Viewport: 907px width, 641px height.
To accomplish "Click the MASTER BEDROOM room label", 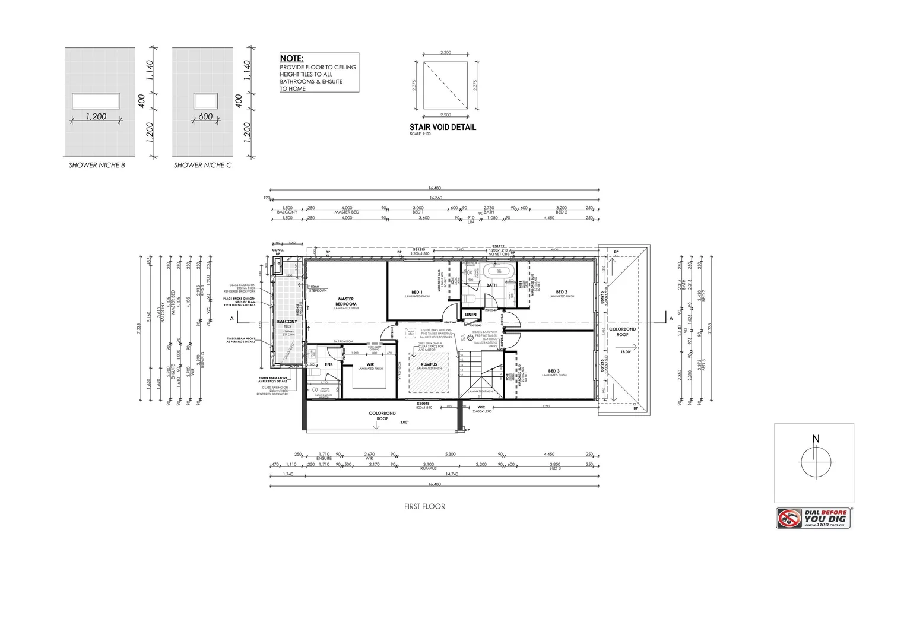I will [x=345, y=302].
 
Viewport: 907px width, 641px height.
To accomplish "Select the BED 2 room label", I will [x=562, y=291].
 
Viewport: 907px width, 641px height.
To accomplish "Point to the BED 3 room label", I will [x=554, y=370].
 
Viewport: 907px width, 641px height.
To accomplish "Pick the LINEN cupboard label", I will [x=471, y=315].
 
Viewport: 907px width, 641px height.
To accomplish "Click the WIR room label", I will [x=370, y=364].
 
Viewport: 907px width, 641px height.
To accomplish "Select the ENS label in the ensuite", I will [x=328, y=364].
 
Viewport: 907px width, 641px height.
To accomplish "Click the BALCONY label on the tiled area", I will [x=287, y=322].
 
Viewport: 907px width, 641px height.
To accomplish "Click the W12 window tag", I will [x=481, y=407].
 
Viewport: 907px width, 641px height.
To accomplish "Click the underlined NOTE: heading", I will [x=291, y=59].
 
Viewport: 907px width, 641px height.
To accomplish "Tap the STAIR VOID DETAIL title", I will [x=442, y=127].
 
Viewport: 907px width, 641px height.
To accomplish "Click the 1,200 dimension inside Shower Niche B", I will [x=96, y=117].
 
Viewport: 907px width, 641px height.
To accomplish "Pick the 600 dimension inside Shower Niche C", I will [x=205, y=117].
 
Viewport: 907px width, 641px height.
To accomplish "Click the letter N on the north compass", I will [x=816, y=439].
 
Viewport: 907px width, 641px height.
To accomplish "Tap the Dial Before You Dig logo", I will [x=814, y=518].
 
